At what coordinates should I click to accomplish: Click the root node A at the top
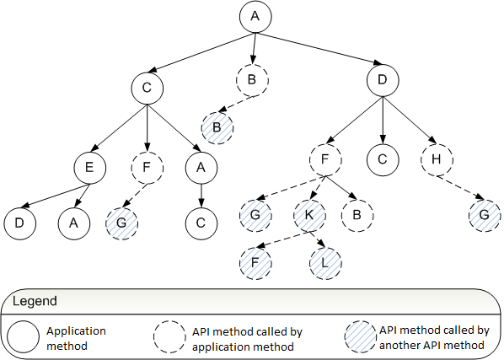coord(255,16)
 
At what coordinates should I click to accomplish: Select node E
coord(89,168)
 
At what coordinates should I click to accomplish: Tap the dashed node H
coord(437,159)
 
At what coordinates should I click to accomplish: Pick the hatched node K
coord(309,215)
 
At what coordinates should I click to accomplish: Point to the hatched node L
coord(325,263)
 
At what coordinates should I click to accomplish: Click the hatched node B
coord(217,128)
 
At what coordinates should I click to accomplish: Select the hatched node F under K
coord(255,263)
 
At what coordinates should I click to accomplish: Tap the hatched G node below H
coord(485,215)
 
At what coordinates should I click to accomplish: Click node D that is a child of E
coord(20,223)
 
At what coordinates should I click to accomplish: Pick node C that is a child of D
coord(383,159)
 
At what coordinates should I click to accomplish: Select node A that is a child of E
coord(74,223)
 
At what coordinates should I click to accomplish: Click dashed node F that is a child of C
coord(147,168)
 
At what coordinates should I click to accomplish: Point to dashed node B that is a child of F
coord(357,215)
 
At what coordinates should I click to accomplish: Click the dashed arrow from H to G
coord(460,188)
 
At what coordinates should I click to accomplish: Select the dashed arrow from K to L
coord(318,239)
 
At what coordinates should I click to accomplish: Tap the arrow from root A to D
coord(319,48)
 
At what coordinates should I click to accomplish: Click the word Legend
coord(35,301)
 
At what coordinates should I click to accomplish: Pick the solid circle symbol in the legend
coord(23,337)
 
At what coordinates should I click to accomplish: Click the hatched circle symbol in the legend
coord(361,336)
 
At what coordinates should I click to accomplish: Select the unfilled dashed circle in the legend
coord(169,336)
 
